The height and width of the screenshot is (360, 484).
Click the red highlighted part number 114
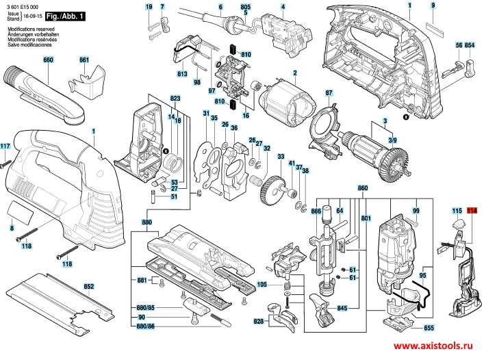(472, 210)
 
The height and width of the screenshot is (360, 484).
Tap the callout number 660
(48, 60)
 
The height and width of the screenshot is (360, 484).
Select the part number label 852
(89, 285)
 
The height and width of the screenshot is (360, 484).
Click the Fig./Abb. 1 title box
(65, 14)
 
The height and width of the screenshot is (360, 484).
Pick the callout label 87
(329, 92)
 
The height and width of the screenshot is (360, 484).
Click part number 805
(246, 6)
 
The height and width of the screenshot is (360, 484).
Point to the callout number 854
(470, 44)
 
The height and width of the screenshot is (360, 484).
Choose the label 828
(259, 320)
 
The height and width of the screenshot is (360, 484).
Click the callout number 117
(5, 146)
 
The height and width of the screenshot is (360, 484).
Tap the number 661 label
(84, 60)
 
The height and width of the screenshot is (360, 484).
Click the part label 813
(182, 73)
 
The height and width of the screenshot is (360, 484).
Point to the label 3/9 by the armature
(392, 140)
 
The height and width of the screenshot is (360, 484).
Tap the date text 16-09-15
(32, 14)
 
